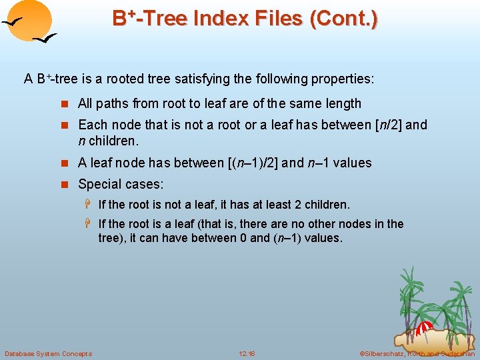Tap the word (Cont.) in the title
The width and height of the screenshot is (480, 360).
click(x=343, y=19)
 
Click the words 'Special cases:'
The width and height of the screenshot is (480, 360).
click(x=121, y=184)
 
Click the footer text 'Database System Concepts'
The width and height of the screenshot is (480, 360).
click(x=48, y=353)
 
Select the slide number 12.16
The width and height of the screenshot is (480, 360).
click(x=247, y=353)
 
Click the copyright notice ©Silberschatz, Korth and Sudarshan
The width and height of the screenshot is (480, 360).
click(x=417, y=353)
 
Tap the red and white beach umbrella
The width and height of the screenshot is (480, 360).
click(x=425, y=328)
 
